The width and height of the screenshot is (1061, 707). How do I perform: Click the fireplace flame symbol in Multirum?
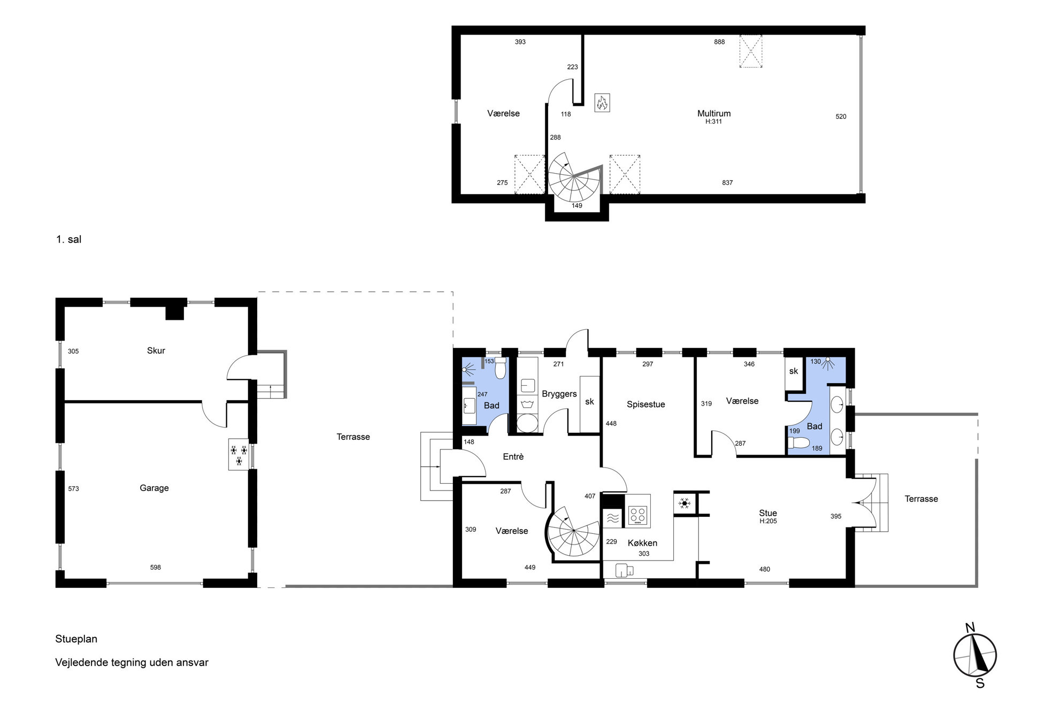(x=602, y=103)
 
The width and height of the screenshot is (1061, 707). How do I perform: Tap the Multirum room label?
(x=714, y=113)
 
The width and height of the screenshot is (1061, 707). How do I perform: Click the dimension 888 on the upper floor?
(x=719, y=42)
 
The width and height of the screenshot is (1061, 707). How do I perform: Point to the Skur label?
(x=156, y=351)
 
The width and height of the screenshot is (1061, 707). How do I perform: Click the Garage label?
(x=154, y=488)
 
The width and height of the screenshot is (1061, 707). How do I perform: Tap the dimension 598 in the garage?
(x=155, y=568)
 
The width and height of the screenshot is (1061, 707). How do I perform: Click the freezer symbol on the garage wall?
(x=239, y=454)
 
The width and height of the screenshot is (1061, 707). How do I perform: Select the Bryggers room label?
(x=559, y=394)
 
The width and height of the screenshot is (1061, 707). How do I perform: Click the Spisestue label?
(x=646, y=405)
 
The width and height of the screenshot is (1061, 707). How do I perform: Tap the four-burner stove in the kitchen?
(x=637, y=516)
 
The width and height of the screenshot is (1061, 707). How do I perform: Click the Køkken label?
(x=642, y=543)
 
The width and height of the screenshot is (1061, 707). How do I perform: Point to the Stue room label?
(x=768, y=513)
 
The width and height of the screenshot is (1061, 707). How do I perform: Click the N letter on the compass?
(x=970, y=627)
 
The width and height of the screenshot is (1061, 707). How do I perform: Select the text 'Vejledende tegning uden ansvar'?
(x=132, y=663)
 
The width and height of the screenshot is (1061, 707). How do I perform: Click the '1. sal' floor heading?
(x=68, y=239)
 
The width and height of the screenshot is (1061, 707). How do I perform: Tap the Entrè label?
(x=513, y=457)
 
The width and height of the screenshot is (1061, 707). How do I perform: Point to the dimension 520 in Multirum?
(x=841, y=116)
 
